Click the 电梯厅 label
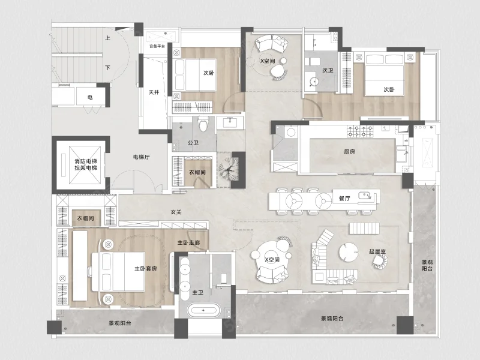pyautogui.click(x=141, y=157)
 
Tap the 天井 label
pyautogui.click(x=154, y=92)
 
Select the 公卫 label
pyautogui.click(x=193, y=143)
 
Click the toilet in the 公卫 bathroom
pyautogui.click(x=203, y=124)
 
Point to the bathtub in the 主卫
pyautogui.click(x=203, y=310)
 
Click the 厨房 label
pyautogui.click(x=349, y=152)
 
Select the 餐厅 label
pyautogui.click(x=344, y=199)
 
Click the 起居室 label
pyautogui.click(x=377, y=251)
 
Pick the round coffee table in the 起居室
pyautogui.click(x=348, y=252)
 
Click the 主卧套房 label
pyautogui.click(x=146, y=269)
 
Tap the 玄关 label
pyautogui.click(x=176, y=212)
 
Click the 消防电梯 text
pyautogui.click(x=86, y=161)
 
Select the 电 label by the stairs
pyautogui.click(x=90, y=97)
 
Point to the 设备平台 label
pyautogui.click(x=157, y=46)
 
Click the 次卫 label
pyautogui.click(x=328, y=70)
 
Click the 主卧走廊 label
pyautogui.click(x=189, y=242)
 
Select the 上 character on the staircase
pyautogui.click(x=107, y=38)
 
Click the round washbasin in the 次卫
pyautogui.click(x=313, y=82)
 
